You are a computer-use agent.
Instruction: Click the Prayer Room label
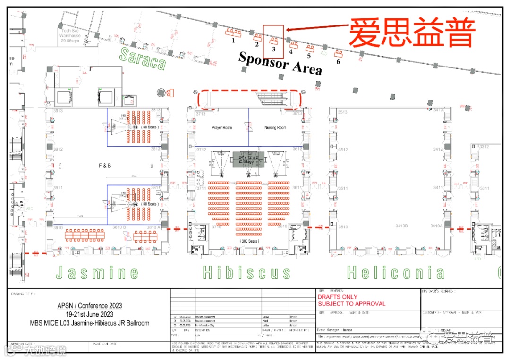point(221,128)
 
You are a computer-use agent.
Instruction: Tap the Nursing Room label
point(275,128)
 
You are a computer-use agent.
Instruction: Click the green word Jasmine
point(97,273)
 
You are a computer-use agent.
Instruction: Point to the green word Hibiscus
point(246,273)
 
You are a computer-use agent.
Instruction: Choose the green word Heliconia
point(396,273)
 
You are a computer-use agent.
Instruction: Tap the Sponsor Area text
point(280,63)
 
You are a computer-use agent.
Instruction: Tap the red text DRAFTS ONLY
point(338,297)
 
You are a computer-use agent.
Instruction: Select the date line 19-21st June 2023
point(89,315)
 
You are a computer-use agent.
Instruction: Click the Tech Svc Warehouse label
point(70,35)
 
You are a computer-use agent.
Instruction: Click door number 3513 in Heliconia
point(342,112)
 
